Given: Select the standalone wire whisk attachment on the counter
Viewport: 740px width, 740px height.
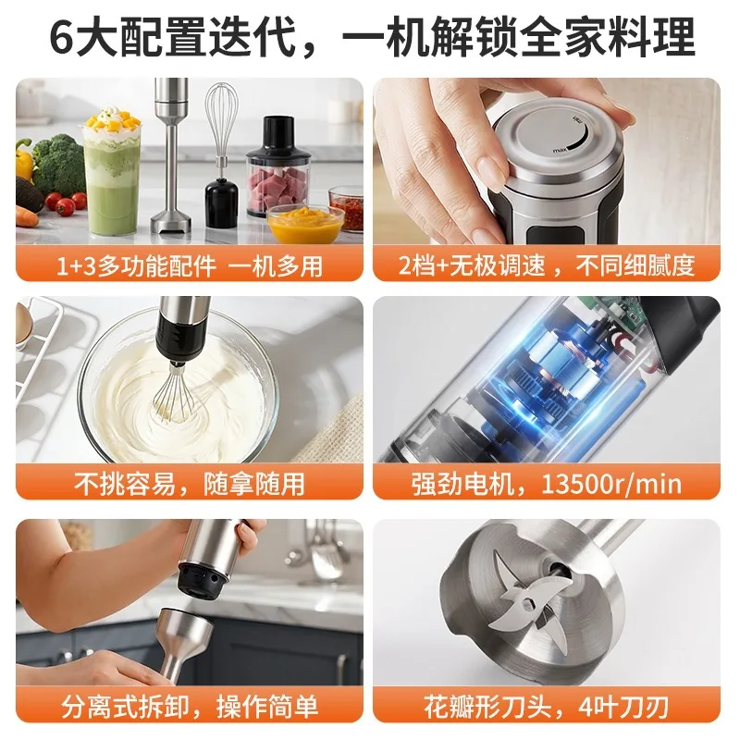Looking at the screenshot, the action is (222, 155).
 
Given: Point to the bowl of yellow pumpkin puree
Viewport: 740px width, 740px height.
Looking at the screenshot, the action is (305, 224).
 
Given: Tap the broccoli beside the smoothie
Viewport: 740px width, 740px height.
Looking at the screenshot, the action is (59, 166).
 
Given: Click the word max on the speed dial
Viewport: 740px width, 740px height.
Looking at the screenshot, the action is (560, 150).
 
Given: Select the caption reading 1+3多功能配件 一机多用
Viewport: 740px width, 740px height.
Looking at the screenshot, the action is (190, 266).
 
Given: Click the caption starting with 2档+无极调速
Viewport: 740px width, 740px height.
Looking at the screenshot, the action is (547, 265).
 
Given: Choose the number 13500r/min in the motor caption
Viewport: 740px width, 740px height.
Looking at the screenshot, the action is (611, 484).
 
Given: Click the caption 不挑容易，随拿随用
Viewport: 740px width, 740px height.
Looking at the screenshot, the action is (190, 484).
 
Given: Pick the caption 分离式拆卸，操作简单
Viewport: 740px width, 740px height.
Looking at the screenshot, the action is (190, 707).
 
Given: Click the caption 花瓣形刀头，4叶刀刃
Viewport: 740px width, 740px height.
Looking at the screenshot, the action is (547, 707).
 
